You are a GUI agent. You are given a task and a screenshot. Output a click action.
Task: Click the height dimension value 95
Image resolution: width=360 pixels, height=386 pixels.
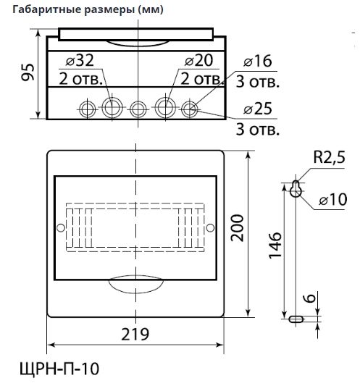point(28,72)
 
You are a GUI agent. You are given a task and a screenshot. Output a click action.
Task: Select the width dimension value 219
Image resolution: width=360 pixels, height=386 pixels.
point(135,334)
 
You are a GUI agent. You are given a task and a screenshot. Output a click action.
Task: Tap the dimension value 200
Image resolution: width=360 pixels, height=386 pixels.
point(238,228)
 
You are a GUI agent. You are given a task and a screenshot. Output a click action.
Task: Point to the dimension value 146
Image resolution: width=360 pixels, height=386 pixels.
point(275,245)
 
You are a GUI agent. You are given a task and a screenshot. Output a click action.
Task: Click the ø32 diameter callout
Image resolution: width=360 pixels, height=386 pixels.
point(80,61)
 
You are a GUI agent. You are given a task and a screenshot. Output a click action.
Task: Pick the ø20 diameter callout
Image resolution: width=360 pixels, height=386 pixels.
point(199,61)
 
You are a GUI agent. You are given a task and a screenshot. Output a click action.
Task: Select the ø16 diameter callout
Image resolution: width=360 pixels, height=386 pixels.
point(258,62)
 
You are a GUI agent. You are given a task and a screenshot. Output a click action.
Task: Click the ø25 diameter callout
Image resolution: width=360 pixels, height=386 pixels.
point(258,109)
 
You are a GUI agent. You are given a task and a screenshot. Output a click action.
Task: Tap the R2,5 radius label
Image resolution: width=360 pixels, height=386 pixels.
point(330,157)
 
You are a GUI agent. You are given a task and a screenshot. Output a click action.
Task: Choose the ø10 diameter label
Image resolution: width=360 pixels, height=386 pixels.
point(333,199)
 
